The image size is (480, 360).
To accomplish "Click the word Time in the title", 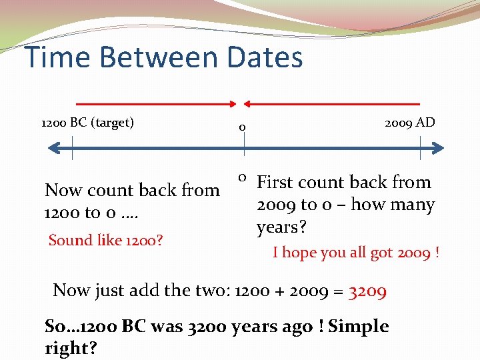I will (x=55, y=57).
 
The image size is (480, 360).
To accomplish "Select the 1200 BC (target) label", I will (x=87, y=123).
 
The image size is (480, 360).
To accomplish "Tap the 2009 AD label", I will (x=409, y=122).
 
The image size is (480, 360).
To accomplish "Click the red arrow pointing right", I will (x=157, y=104).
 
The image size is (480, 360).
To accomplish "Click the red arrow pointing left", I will (x=331, y=104).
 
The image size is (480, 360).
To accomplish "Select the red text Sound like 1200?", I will (x=106, y=240).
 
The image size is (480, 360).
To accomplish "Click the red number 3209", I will (x=367, y=291).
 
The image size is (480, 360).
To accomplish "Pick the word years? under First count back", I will (x=281, y=227).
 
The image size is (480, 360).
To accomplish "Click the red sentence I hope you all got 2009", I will (x=355, y=253).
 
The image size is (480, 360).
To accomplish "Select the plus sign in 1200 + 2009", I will (x=262, y=291).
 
